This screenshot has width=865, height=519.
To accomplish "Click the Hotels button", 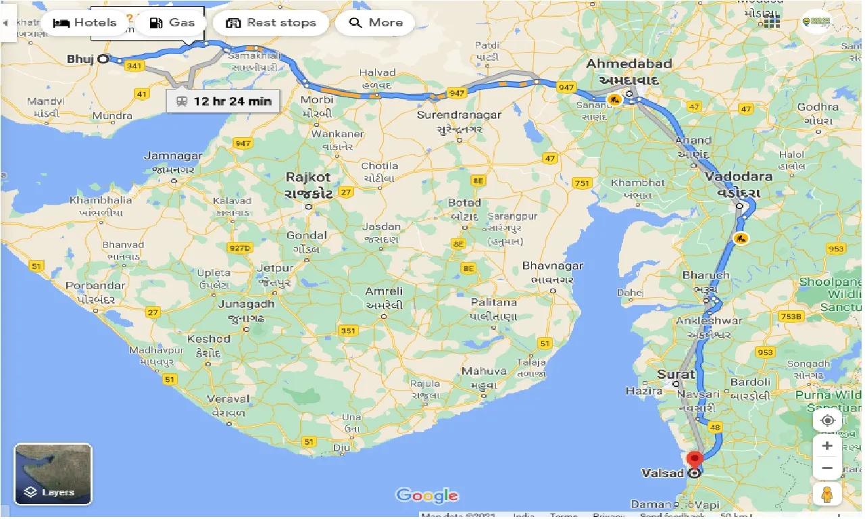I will [x=84, y=23].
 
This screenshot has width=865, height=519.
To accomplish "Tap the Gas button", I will [x=172, y=23].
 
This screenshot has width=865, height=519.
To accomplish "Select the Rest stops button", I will [x=270, y=23].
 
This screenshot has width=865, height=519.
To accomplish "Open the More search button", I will [x=375, y=23].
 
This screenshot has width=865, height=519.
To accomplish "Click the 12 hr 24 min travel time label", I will [x=223, y=101].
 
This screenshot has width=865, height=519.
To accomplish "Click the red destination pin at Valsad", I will [x=695, y=460].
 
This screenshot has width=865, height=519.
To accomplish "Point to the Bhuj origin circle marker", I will [x=103, y=59].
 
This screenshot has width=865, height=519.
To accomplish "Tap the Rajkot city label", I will [x=308, y=178].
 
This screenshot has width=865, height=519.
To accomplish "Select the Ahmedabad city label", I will [x=628, y=64].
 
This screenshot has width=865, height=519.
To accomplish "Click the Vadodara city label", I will [x=739, y=177].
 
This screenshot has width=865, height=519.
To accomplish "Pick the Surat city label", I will [x=676, y=374].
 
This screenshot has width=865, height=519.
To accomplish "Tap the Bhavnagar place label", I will [x=552, y=266].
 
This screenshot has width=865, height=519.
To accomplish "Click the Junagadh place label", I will [x=246, y=304].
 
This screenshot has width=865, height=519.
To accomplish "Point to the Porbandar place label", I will [x=95, y=286].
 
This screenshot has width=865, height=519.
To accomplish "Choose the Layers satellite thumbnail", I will [x=53, y=474].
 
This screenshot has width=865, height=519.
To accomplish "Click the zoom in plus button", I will [x=827, y=446].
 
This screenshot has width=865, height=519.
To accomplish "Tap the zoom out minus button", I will [x=827, y=468].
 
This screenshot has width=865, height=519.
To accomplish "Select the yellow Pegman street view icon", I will [x=827, y=494].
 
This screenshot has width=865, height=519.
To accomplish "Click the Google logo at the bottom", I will [x=427, y=495].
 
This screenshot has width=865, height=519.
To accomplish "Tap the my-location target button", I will [x=827, y=420].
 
